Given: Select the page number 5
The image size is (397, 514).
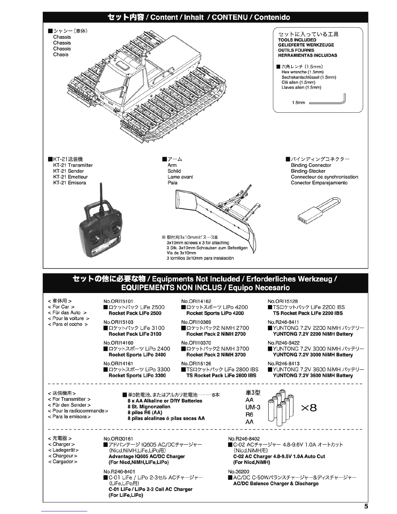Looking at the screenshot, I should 366,506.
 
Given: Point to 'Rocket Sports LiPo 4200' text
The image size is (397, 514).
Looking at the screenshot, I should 215,313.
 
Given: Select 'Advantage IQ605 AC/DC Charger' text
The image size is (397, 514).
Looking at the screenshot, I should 147,457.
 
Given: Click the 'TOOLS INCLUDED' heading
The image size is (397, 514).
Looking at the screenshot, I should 297,40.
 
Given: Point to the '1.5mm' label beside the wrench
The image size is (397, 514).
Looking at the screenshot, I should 298,103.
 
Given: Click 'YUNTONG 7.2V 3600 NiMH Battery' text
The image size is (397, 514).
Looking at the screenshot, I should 313,376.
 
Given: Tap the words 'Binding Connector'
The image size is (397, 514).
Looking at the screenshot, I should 311,165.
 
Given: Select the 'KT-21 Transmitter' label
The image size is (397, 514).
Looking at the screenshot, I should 73,165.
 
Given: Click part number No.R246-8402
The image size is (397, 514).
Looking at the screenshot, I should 244,439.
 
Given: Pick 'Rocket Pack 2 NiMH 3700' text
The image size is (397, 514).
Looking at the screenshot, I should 216,355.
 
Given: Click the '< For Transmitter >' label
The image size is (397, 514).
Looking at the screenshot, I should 69,399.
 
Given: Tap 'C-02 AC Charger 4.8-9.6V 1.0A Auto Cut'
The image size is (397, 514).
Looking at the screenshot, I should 279,457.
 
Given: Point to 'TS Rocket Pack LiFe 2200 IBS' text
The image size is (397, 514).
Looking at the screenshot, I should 307,313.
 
